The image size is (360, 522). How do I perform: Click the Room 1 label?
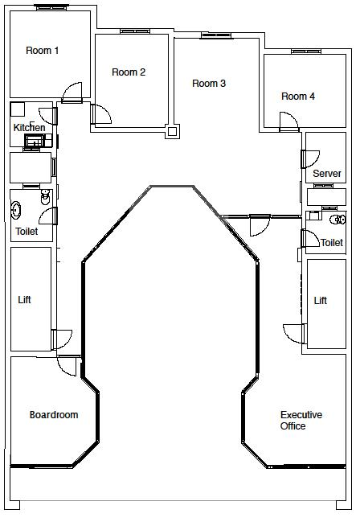point(43,51)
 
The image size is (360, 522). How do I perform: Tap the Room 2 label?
point(129,72)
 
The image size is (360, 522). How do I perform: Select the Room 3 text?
point(209,83)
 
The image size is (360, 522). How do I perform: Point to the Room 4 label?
point(298,97)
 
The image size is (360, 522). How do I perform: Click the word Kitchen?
point(29,128)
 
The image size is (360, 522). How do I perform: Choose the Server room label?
point(327,174)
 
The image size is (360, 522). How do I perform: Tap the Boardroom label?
point(54,415)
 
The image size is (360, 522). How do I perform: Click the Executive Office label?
point(301,421)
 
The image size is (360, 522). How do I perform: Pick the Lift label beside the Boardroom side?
point(24,300)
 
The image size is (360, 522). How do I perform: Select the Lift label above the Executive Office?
point(321,301)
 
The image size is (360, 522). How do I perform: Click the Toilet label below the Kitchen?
point(27,231)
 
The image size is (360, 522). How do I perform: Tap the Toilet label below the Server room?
point(332,242)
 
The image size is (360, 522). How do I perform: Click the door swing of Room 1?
point(72,92)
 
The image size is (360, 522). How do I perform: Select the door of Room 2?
point(101,114)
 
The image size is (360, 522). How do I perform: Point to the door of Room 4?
point(288,121)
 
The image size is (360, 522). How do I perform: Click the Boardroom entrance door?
point(67,366)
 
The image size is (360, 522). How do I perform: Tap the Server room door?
point(310,159)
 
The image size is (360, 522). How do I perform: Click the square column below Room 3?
point(172,131)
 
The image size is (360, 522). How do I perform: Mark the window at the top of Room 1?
point(51,7)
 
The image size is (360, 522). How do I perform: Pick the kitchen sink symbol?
point(35,141)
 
